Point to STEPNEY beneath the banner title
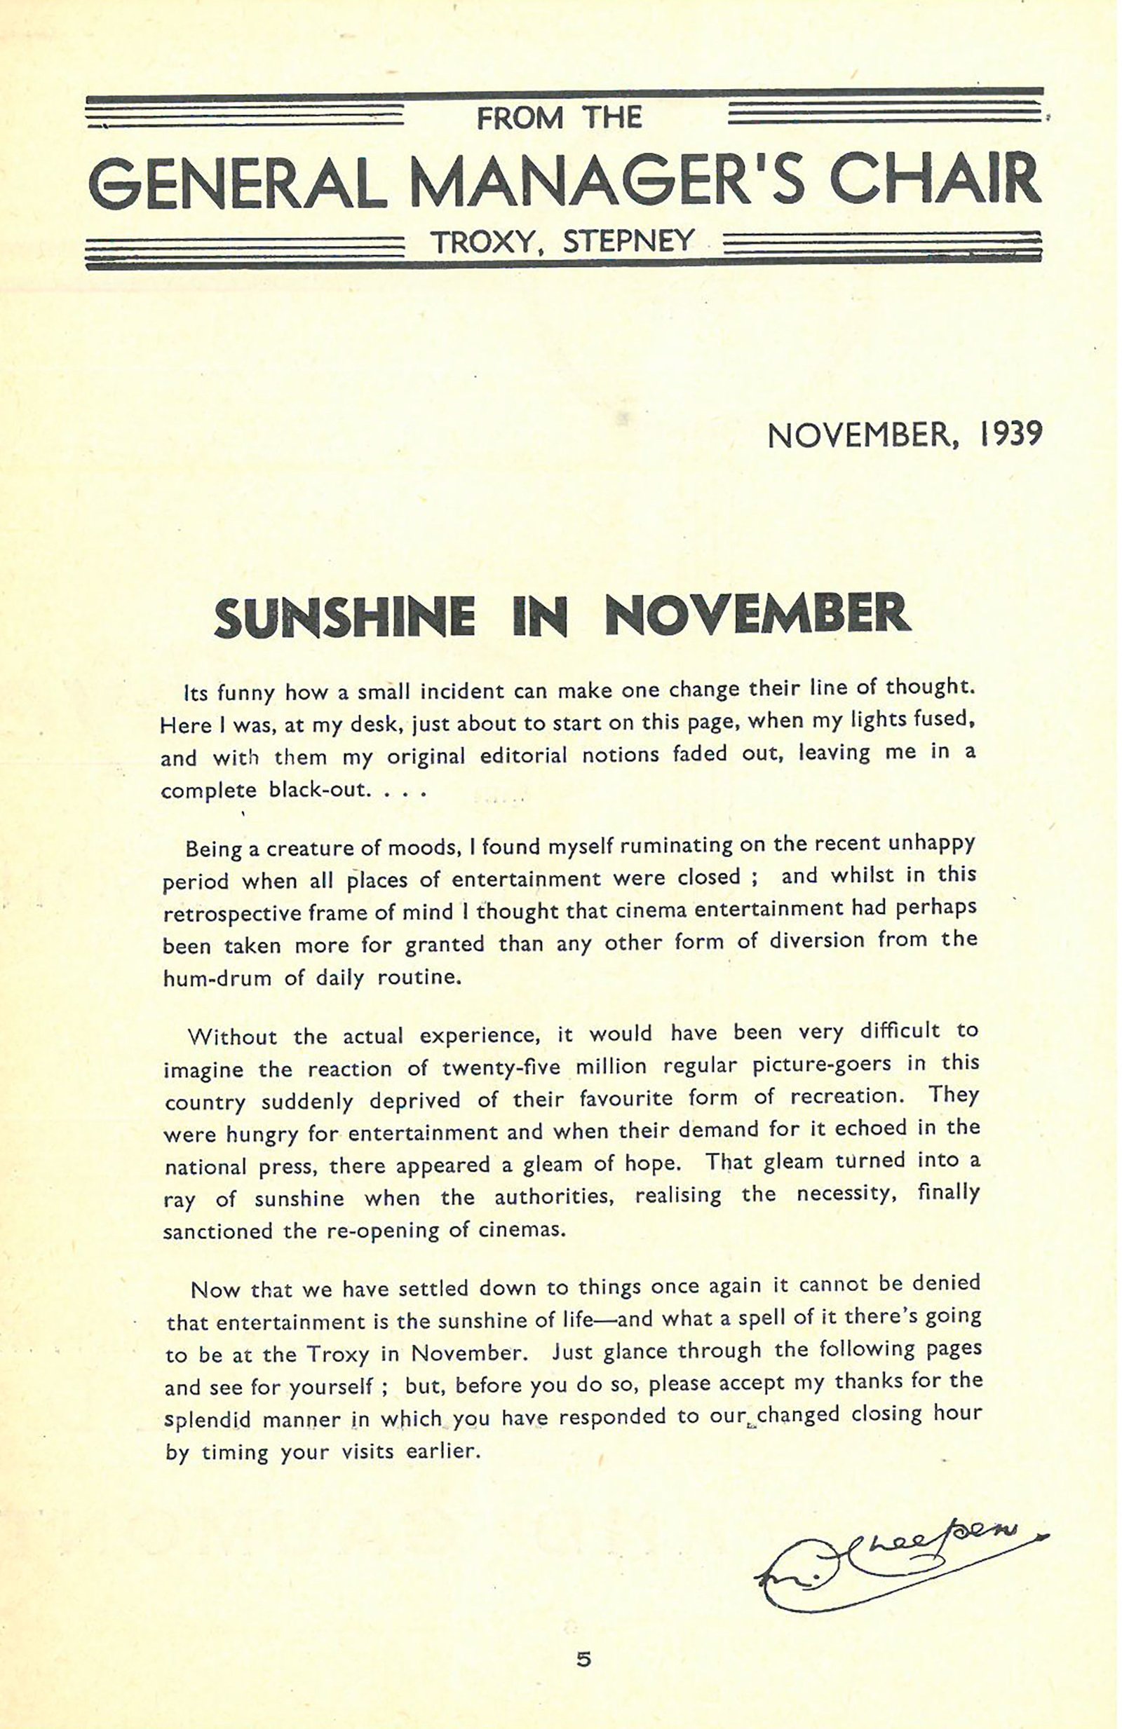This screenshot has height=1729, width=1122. [x=628, y=241]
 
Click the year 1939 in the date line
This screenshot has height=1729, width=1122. [x=1011, y=435]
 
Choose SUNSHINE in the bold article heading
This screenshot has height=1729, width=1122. [x=344, y=617]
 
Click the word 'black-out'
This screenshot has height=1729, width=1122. [x=315, y=789]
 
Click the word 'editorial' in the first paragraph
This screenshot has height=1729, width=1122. [x=522, y=756]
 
